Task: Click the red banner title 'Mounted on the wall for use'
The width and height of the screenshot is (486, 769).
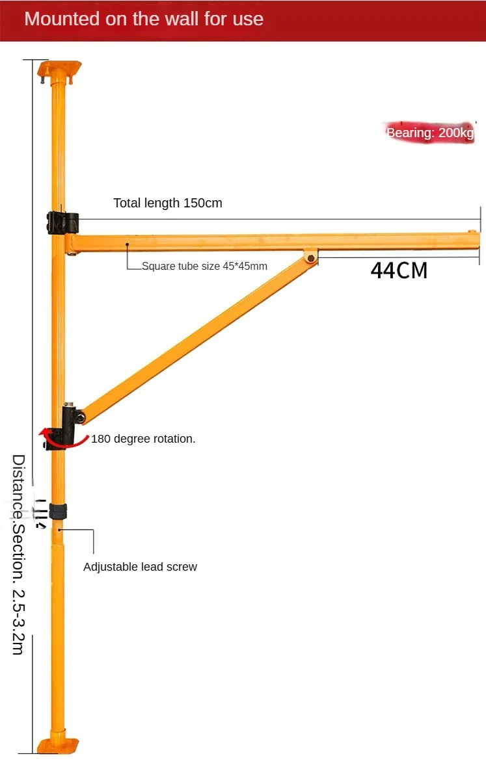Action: (144, 18)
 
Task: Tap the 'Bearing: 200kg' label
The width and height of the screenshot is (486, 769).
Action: (430, 133)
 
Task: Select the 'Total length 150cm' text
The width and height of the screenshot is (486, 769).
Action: (168, 203)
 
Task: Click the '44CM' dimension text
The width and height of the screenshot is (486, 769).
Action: (399, 270)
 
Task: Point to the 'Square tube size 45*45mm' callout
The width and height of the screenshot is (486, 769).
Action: (204, 266)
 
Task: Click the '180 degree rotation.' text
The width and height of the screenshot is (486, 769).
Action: (143, 439)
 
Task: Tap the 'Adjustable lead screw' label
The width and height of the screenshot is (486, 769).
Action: (140, 567)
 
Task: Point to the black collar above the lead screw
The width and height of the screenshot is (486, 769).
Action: (59, 511)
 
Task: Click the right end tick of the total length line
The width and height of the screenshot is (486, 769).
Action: (480, 219)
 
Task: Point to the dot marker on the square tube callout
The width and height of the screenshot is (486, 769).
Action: (128, 244)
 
